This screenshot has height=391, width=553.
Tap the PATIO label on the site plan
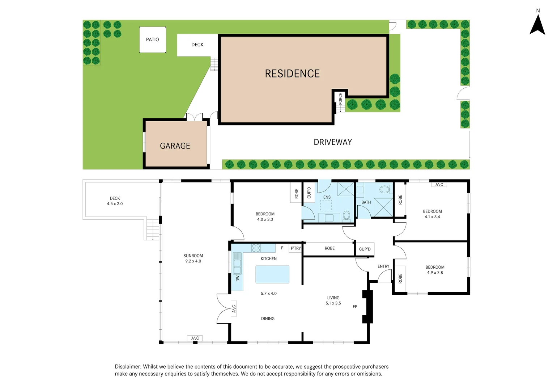(152, 39)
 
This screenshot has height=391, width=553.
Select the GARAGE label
(175, 146)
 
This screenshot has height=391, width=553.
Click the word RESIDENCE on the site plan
(292, 74)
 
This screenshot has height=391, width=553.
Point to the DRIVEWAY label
(333, 142)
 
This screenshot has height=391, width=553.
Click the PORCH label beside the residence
(340, 98)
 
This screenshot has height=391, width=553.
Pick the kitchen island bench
(272, 274)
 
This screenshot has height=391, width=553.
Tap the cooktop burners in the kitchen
(256, 248)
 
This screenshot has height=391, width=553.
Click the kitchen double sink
(237, 263)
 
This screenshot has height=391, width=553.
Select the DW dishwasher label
(238, 278)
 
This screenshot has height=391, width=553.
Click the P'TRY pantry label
(295, 248)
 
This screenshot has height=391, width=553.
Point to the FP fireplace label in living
(355, 307)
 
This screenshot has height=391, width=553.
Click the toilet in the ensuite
(346, 215)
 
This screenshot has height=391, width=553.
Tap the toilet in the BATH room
(384, 189)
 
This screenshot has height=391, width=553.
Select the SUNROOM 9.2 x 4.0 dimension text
(193, 261)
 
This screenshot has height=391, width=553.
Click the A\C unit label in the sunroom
(195, 338)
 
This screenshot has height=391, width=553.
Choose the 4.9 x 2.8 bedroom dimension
(435, 273)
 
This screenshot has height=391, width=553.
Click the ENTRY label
(383, 266)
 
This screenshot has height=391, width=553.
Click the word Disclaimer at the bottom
(128, 367)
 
